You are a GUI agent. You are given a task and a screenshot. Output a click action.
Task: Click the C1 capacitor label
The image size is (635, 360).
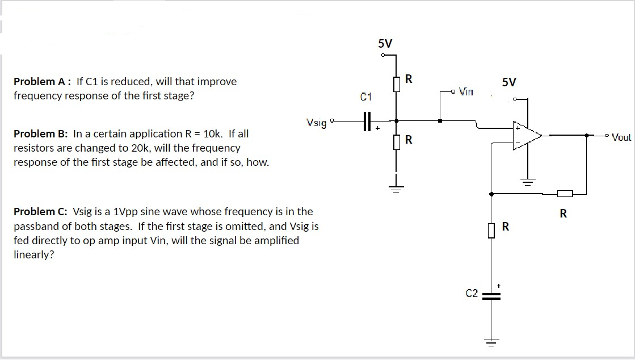[366, 97]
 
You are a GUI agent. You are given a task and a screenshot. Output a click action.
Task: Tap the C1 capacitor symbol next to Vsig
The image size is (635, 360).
[366, 120]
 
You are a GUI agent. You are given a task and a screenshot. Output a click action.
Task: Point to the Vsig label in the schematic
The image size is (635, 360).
[316, 122]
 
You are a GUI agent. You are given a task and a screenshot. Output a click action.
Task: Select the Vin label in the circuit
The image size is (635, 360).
[466, 91]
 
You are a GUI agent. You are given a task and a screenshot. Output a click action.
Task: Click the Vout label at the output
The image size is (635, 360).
[621, 137]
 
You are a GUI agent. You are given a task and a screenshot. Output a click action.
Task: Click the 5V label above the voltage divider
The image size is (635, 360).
[385, 44]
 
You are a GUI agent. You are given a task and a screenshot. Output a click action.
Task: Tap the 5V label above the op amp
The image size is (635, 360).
[509, 82]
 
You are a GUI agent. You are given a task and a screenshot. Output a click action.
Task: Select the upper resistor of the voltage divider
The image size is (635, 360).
[396, 84]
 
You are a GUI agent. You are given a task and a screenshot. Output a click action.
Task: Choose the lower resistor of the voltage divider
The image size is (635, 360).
[396, 140]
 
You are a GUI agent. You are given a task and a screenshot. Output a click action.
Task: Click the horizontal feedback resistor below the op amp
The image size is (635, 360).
[564, 194]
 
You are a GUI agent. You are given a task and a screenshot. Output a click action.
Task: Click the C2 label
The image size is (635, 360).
[472, 294]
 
